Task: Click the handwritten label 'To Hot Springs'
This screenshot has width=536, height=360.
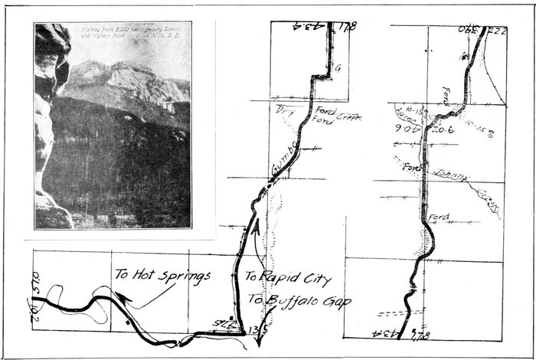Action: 162,274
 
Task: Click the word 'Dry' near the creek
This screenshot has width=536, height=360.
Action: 286,110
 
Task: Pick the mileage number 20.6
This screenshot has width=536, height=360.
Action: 443,131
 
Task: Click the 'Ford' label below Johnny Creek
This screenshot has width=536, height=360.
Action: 439,218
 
